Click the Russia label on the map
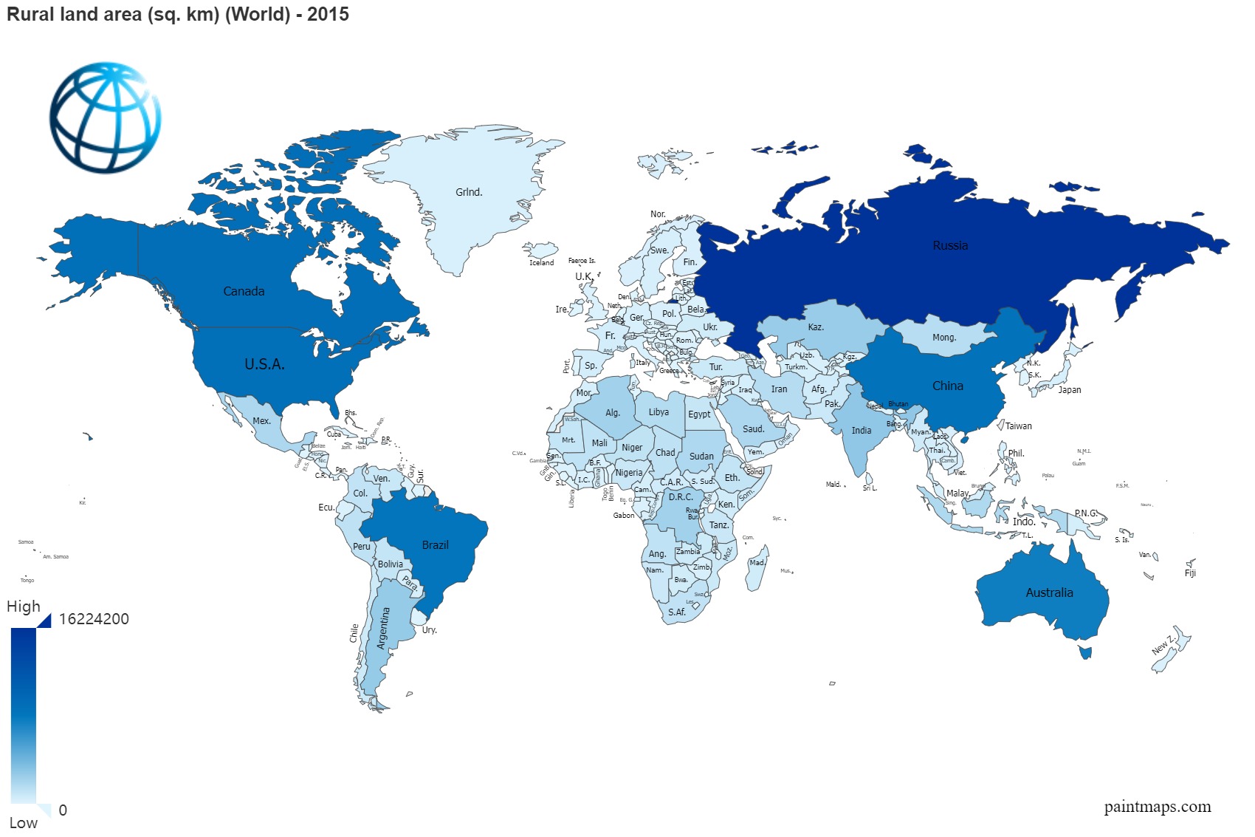(x=949, y=245)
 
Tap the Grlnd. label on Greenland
(x=469, y=192)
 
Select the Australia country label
(x=1049, y=592)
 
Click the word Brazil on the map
(x=435, y=544)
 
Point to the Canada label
(x=244, y=291)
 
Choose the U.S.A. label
(x=264, y=363)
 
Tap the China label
(x=947, y=386)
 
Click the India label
(x=861, y=430)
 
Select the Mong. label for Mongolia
(x=943, y=338)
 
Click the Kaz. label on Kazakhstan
(x=815, y=327)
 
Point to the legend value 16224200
(x=94, y=619)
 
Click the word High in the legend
(x=24, y=607)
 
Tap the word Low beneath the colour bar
(x=23, y=822)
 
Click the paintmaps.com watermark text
(x=1157, y=806)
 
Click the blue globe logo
(x=105, y=117)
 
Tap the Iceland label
(x=541, y=263)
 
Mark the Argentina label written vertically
(x=382, y=628)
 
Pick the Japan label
(x=1069, y=390)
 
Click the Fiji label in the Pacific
(x=1189, y=573)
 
